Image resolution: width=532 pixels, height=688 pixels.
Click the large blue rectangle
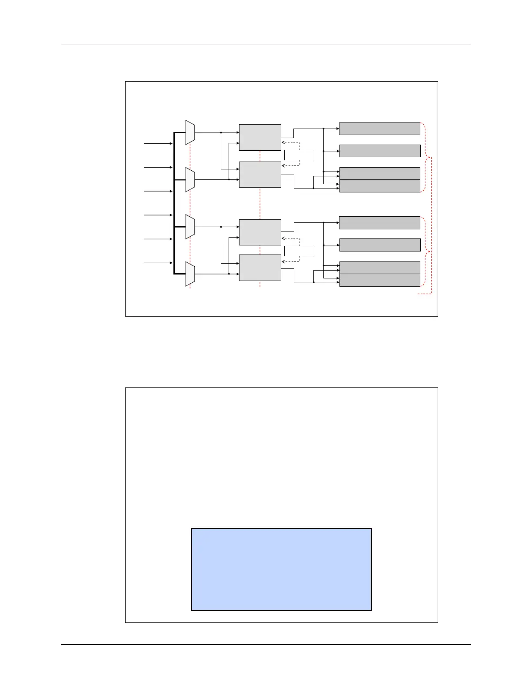click(x=281, y=569)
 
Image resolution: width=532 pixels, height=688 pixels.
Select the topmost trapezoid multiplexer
click(x=190, y=132)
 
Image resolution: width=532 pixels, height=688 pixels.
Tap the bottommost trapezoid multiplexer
click(x=190, y=274)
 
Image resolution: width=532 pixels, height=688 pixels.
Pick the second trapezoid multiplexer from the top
click(x=190, y=179)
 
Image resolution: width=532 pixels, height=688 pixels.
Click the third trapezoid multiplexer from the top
click(x=190, y=227)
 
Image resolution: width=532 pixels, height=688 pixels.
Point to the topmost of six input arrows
click(x=158, y=143)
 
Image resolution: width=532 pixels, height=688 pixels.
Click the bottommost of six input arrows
click(x=158, y=263)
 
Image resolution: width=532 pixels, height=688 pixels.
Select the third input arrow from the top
click(x=158, y=191)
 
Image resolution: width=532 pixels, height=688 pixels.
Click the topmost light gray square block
click(x=260, y=137)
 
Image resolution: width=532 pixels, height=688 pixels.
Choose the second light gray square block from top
click(x=260, y=175)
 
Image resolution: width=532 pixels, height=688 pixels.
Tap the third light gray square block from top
click(x=260, y=232)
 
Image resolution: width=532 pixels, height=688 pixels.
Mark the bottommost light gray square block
click(x=260, y=268)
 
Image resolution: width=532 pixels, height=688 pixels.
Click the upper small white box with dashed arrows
click(x=299, y=155)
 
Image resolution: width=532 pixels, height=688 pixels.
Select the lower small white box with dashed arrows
click(x=299, y=251)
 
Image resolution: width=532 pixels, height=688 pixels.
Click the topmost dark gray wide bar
click(x=379, y=129)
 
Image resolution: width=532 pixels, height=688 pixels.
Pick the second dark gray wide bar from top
click(x=380, y=151)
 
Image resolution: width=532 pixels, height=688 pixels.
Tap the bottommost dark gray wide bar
click(x=380, y=280)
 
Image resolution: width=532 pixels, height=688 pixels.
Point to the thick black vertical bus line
click(x=174, y=203)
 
